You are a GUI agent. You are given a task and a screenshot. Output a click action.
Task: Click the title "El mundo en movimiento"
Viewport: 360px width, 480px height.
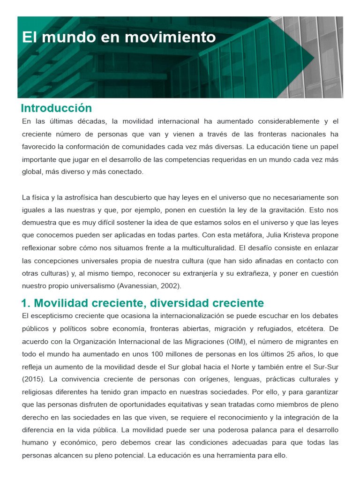[119, 37]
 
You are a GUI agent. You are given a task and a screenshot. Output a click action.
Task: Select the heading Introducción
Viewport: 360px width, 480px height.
[56, 108]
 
